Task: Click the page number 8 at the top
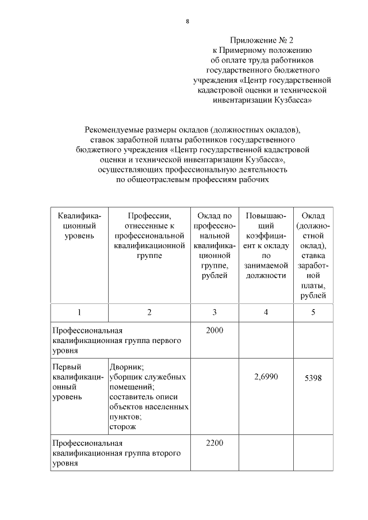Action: tap(187, 21)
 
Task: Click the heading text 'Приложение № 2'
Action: tap(262, 40)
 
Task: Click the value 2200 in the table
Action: tap(214, 443)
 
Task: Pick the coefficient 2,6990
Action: tap(266, 377)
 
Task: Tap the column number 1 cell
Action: tap(79, 312)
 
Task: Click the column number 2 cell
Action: tap(149, 312)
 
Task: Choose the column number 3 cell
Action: tap(214, 312)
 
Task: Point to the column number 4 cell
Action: tap(266, 312)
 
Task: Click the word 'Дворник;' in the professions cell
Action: tap(126, 367)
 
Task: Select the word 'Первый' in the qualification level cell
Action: tap(66, 367)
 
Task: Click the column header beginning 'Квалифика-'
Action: tap(79, 215)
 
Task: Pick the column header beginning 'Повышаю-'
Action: tap(266, 215)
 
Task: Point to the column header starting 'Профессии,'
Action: tap(149, 215)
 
